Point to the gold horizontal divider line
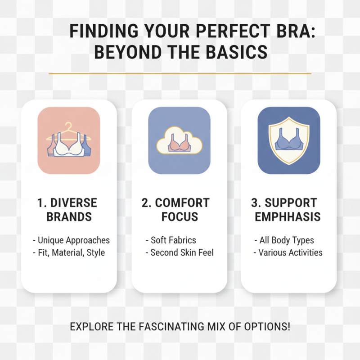pyautogui.click(x=180, y=73)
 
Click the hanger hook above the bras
pyautogui.click(x=68, y=126)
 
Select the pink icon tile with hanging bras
pyautogui.click(x=68, y=140)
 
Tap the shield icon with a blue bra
pyautogui.click(x=288, y=140)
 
